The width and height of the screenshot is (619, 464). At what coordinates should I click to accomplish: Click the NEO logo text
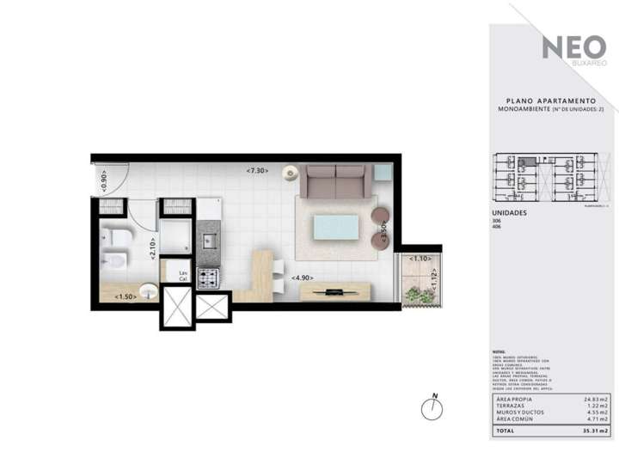[x=573, y=48]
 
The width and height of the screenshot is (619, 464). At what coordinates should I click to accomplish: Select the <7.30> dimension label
[x=257, y=171]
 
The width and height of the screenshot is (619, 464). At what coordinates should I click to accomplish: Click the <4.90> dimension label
[x=302, y=278]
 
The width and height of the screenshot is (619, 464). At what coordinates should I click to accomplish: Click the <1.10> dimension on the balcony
[x=420, y=258]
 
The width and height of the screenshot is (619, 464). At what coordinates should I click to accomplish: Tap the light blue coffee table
[x=336, y=228]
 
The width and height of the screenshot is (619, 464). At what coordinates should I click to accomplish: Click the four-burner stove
[x=208, y=278]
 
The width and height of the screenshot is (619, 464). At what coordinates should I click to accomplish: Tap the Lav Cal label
[x=182, y=276]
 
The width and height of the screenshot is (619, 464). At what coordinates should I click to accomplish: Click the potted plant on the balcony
[x=419, y=295]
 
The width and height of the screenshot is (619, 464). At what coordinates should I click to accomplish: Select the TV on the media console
[x=335, y=292]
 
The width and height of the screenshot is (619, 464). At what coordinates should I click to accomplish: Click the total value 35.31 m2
[x=592, y=431]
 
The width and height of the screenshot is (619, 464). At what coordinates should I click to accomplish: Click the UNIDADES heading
[x=509, y=212]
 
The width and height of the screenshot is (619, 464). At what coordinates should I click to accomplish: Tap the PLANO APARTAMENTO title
[x=551, y=101]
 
